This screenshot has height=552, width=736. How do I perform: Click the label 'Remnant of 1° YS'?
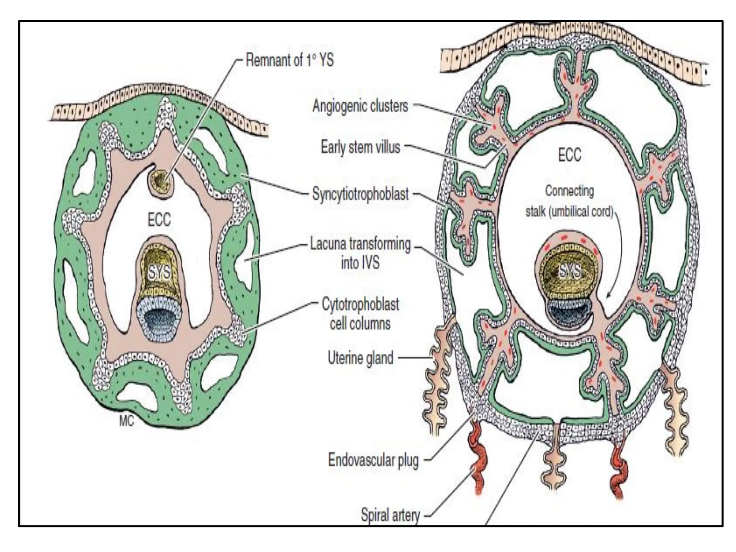tap(290, 60)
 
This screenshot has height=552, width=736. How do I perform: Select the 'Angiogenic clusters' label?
tap(360, 106)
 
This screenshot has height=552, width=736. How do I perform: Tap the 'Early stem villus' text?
tap(360, 147)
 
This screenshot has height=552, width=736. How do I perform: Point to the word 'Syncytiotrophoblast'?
tap(360, 194)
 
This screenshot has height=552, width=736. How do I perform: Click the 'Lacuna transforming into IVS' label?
tap(360, 253)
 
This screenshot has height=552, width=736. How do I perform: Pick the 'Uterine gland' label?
tap(360, 358)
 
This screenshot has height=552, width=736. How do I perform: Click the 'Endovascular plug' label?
tap(373, 460)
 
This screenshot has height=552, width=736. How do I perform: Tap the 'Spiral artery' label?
tap(390, 515)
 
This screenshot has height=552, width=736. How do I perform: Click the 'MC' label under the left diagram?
tap(126, 421)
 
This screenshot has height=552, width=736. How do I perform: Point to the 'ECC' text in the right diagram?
tap(569, 155)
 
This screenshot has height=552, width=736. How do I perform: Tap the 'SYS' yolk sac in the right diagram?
tap(569, 272)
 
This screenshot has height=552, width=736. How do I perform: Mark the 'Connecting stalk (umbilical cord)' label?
tap(569, 201)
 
